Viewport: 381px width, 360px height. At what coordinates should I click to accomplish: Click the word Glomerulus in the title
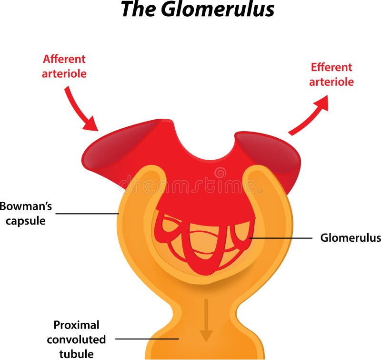tap(218, 10)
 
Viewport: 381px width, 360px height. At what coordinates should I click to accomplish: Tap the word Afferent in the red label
tap(64, 60)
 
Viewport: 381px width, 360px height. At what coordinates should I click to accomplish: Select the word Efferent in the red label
tap(331, 67)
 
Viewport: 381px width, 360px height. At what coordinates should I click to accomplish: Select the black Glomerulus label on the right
tap(351, 237)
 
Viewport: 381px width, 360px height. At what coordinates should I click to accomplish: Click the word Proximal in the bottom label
tap(76, 325)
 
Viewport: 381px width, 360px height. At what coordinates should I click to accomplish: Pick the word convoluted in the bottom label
tap(76, 339)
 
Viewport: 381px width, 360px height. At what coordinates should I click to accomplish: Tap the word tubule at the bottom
tap(76, 354)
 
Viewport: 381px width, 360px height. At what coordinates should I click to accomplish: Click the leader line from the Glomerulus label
tap(281, 237)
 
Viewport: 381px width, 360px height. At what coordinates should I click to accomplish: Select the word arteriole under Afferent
tap(64, 74)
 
